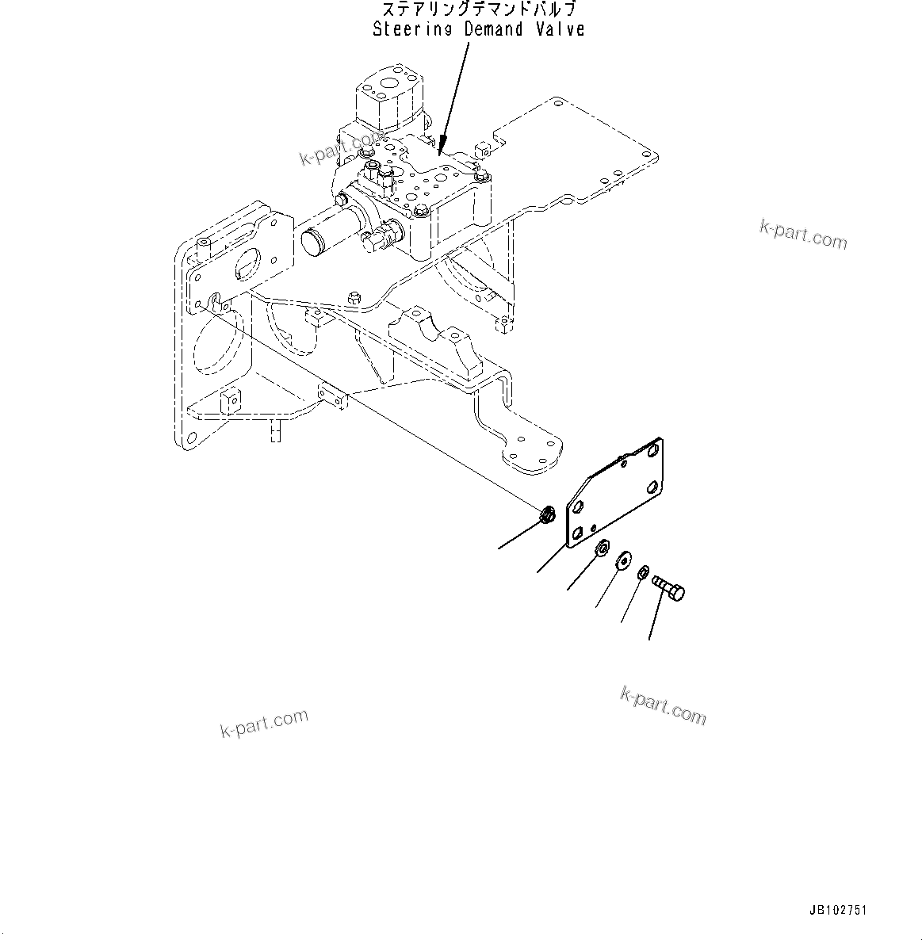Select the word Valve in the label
(x=559, y=29)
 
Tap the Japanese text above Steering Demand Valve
(x=479, y=10)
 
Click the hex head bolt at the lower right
(x=670, y=589)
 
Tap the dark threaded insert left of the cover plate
(x=545, y=517)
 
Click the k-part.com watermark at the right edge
(x=803, y=234)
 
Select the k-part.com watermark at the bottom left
(x=264, y=722)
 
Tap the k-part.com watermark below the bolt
(x=663, y=705)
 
